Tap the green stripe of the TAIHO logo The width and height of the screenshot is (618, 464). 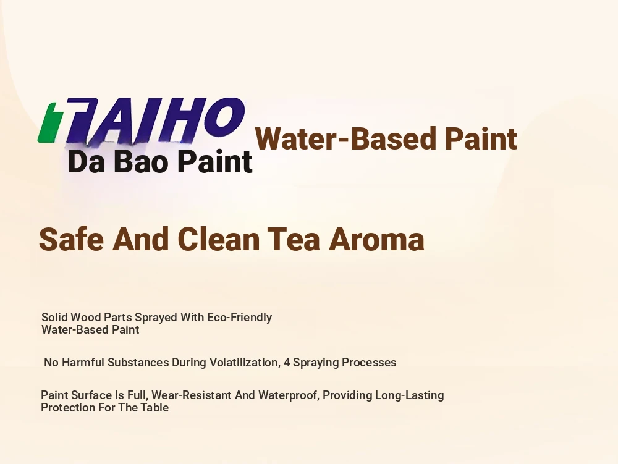pyautogui.click(x=49, y=123)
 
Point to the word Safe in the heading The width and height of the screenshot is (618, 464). pyautogui.click(x=71, y=239)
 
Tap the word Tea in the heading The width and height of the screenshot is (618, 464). pyautogui.click(x=293, y=239)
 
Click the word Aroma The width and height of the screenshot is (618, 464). pyautogui.click(x=376, y=239)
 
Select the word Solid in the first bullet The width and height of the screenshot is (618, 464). pyautogui.click(x=54, y=317)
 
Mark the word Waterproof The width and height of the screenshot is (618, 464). pyautogui.click(x=289, y=395)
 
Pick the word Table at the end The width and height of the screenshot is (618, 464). pyautogui.click(x=154, y=407)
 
